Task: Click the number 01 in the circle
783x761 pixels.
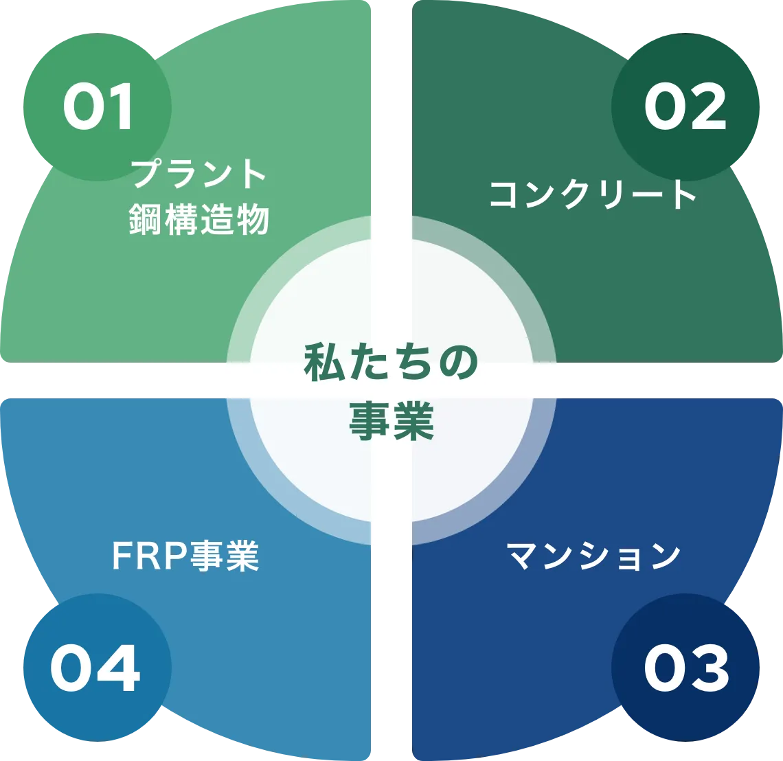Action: tap(98, 109)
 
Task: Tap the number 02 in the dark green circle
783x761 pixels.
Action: tap(685, 109)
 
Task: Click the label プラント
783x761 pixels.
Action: tap(198, 174)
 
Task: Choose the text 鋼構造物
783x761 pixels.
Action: tap(198, 220)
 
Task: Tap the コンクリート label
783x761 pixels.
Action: tap(593, 194)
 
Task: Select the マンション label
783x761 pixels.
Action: tap(593, 556)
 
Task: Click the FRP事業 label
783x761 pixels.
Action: tap(185, 556)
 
